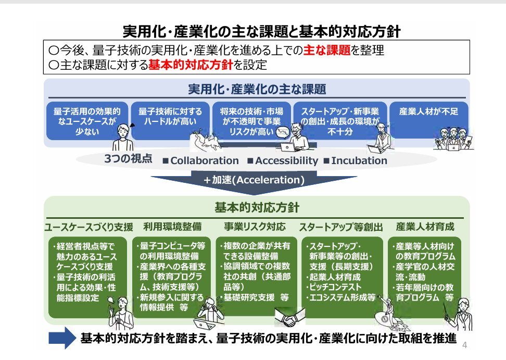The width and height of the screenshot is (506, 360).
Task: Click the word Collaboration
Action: pos(205,160)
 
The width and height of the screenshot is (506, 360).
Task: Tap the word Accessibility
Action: pos(286,160)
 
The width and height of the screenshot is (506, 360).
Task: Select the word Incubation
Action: pos(359,160)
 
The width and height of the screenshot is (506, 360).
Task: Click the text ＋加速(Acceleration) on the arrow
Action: pos(254,180)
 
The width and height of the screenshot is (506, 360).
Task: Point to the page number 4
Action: pos(464,345)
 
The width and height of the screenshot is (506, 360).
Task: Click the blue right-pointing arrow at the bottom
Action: pos(62,338)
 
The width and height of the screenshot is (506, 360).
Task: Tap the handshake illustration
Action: pos(289,318)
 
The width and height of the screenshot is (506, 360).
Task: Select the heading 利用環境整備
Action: pos(173,227)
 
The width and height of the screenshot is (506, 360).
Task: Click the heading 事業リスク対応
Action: pos(255,227)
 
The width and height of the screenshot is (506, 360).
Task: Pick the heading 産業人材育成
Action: pos(425,227)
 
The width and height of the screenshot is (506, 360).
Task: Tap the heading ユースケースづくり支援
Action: pos(88,227)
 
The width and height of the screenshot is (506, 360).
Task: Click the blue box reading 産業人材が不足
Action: pos(429,120)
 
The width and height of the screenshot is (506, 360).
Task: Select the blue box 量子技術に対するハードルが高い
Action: pos(170,121)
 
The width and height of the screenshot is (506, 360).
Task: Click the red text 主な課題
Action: pos(326,50)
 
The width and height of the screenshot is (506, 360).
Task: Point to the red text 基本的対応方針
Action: pos(191,65)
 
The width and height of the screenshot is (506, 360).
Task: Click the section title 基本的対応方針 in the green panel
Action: pos(257,207)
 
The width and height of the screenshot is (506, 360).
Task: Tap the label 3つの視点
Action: pos(128,158)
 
